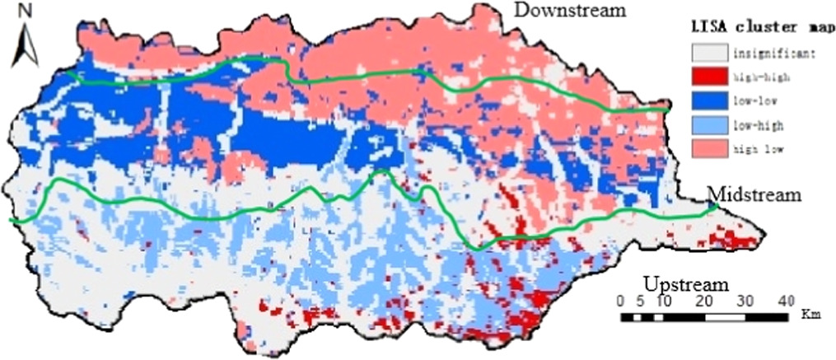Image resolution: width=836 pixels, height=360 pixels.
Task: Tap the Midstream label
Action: point(754,194)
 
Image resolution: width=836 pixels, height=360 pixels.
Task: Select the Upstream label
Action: point(686,284)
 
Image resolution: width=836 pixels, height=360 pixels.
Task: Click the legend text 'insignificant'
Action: point(773,54)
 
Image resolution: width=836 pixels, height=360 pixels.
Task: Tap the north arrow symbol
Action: point(25,46)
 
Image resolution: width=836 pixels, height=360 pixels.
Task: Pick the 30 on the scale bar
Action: point(745,300)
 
